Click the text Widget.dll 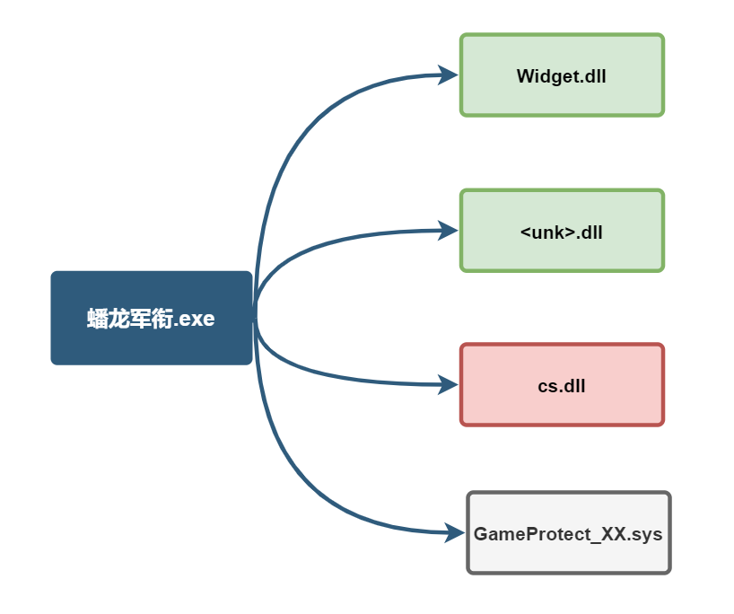(562, 76)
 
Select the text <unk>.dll (562, 232)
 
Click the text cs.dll (562, 387)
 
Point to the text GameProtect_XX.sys (568, 534)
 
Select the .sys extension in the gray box (644, 534)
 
